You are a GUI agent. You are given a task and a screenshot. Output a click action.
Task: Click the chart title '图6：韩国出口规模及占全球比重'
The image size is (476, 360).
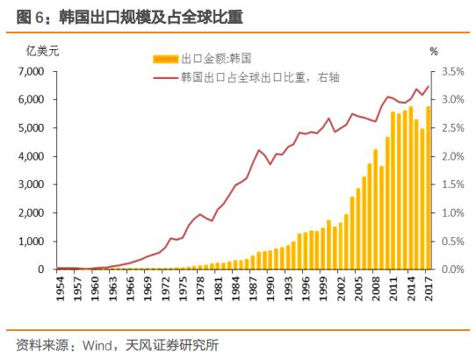123,17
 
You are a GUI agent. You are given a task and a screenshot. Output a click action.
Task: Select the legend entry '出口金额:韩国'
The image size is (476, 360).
215,59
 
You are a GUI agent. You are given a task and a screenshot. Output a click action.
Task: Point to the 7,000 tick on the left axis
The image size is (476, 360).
31,72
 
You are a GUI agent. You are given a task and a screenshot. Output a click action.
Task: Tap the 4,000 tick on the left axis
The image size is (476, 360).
31,156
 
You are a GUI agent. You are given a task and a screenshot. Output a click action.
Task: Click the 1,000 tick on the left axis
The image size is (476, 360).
31,241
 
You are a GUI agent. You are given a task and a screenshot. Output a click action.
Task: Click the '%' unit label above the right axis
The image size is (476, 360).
433,51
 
